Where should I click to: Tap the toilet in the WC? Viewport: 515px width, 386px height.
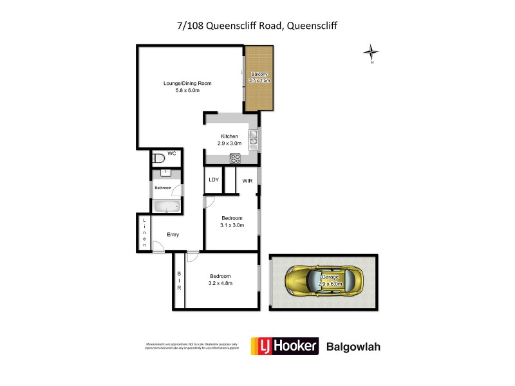[x=158, y=158]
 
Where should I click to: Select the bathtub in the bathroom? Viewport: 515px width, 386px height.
[x=166, y=207]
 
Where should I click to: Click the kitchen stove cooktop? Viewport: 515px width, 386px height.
[x=236, y=158]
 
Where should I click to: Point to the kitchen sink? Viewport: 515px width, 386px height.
[x=253, y=136]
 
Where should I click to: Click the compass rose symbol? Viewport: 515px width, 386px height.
[x=371, y=52]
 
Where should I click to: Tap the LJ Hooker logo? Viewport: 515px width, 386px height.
[x=285, y=346]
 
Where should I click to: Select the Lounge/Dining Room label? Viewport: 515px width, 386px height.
[x=187, y=83]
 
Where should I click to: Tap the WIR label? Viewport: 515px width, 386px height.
[x=247, y=181]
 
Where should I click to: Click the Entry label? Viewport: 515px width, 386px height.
[x=173, y=234]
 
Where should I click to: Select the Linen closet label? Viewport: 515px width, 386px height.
[x=145, y=233]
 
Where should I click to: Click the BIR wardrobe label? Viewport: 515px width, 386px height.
[x=179, y=281]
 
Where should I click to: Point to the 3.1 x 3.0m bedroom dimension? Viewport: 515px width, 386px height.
[x=232, y=225]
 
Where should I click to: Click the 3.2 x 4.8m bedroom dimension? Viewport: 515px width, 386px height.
[x=220, y=283]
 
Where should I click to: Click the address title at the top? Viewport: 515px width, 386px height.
[x=257, y=26]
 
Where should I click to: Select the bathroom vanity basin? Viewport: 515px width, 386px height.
[x=166, y=173]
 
